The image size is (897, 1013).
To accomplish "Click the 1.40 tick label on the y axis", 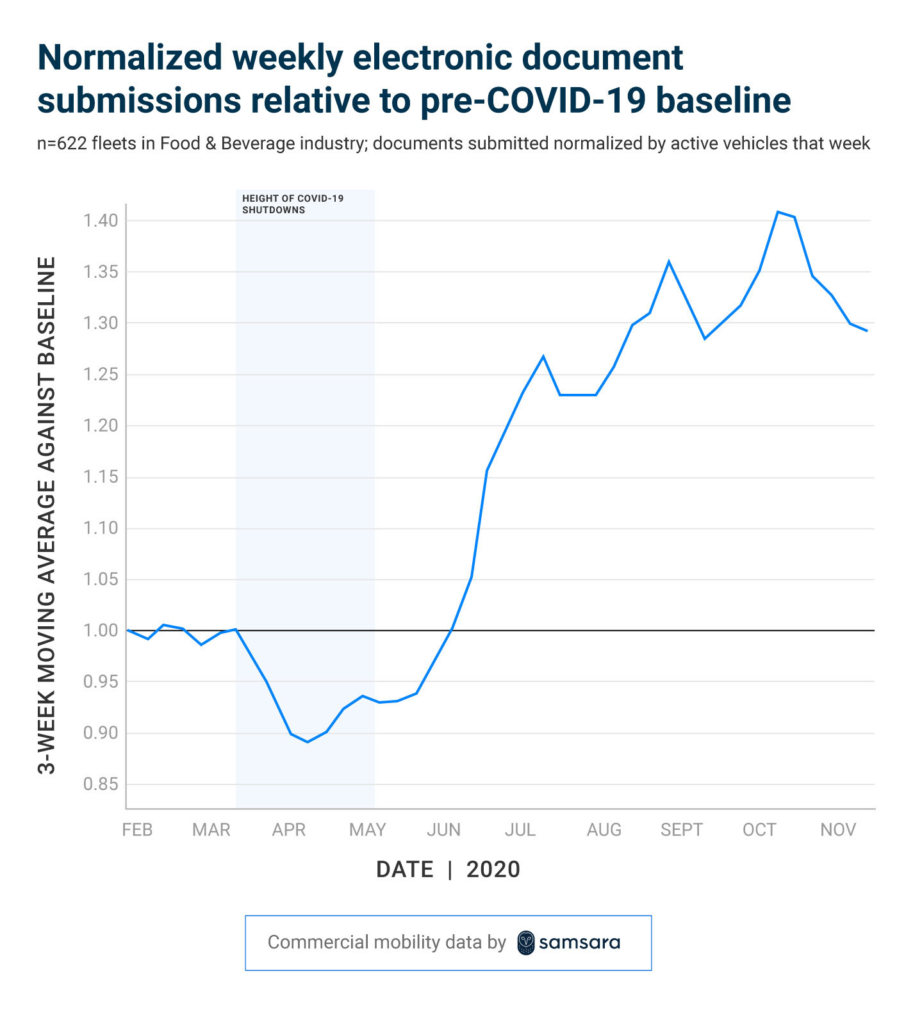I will coord(101,221).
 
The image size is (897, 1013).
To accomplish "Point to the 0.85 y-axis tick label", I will coord(101,784).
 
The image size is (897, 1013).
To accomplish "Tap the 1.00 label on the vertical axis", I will coord(101,631).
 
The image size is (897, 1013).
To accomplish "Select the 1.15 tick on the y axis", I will coord(101,477).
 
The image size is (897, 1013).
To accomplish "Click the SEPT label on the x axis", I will coord(681,830).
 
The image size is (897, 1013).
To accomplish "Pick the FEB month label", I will coord(137,830).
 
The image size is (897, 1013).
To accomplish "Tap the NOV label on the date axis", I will coord(837,830).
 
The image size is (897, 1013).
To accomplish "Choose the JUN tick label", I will coord(443,830).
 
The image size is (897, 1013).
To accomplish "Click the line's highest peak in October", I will coord(778,212).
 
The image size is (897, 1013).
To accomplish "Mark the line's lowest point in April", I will coord(308,742).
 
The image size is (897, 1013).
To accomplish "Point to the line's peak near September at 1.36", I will coord(669,261).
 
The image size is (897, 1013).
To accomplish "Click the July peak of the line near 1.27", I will coord(543,356).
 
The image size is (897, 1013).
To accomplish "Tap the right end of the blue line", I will coord(867,331).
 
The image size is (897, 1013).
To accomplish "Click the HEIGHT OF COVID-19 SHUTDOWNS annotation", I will coord(292,204).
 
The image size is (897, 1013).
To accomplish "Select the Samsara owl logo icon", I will coord(525,943).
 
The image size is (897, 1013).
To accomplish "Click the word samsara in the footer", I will coord(579,943).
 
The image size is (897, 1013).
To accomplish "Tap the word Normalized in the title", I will coord(129,58).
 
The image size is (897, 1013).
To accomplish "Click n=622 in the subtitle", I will coord(62,143).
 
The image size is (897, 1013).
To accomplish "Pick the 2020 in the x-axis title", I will coord(493,870).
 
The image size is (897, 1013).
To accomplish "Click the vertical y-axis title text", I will coord(47,515).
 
